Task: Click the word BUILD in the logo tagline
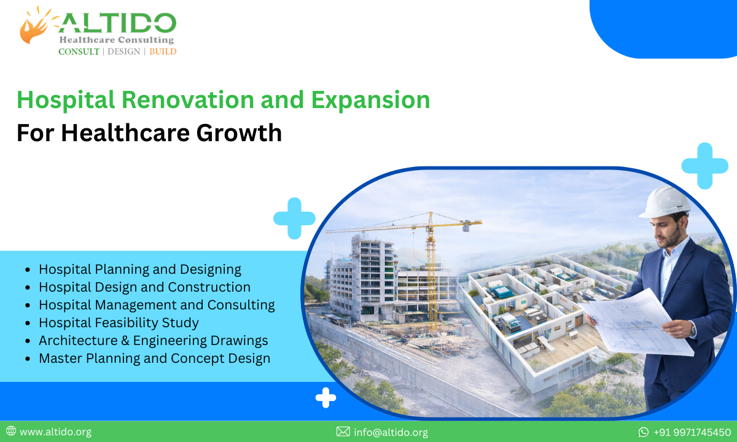[163, 52]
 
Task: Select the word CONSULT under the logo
[79, 52]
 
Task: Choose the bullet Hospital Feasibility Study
[119, 322]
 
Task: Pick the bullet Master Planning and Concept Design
[154, 358]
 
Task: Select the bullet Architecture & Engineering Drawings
[153, 340]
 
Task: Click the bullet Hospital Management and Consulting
[157, 304]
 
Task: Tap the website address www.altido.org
[55, 432]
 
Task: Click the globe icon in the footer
[11, 432]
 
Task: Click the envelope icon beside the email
[343, 432]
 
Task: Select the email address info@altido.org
[391, 432]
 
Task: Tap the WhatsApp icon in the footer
[644, 432]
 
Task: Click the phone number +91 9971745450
[692, 432]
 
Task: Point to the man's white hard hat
[665, 201]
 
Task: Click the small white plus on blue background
[326, 398]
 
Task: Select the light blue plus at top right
[704, 166]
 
